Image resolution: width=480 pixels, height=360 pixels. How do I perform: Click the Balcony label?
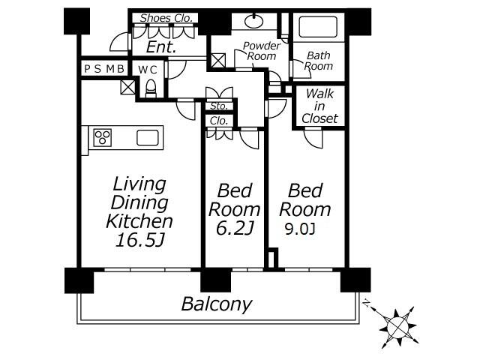(217, 304)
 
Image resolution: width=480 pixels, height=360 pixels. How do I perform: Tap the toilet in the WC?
(151, 88)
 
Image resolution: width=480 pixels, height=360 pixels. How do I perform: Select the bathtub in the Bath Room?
(317, 27)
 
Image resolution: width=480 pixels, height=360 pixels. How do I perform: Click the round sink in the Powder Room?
(253, 21)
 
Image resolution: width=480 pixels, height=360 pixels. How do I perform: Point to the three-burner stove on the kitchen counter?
(102, 137)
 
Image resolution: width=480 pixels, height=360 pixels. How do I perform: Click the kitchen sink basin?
(148, 138)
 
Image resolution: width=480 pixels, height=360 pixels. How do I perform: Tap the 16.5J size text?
(140, 240)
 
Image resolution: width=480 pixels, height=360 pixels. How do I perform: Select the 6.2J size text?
(235, 228)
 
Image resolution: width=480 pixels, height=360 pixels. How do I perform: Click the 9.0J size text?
(300, 229)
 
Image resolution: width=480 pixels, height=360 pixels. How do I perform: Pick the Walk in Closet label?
(319, 106)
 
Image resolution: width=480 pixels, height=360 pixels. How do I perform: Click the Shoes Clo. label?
(166, 18)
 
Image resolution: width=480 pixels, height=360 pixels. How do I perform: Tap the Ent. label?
(161, 46)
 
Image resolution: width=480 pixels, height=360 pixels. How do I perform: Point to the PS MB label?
(104, 69)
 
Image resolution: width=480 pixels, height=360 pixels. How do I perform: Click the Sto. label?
(219, 106)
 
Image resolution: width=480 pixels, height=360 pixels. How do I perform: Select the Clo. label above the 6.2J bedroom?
(219, 121)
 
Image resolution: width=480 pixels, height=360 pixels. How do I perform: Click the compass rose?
(397, 327)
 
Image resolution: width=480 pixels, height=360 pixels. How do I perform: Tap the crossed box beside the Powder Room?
(218, 61)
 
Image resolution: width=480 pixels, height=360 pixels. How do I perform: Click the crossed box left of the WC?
(127, 87)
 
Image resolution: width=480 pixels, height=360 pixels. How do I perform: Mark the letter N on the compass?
(366, 303)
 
